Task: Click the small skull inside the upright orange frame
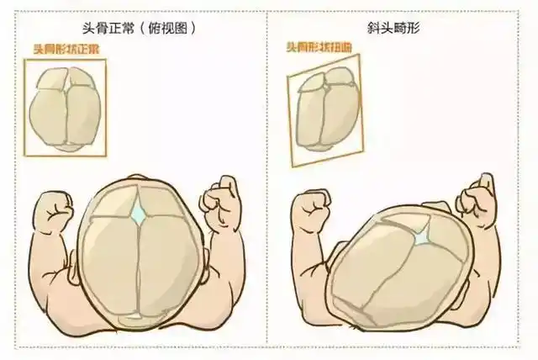(66, 108)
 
